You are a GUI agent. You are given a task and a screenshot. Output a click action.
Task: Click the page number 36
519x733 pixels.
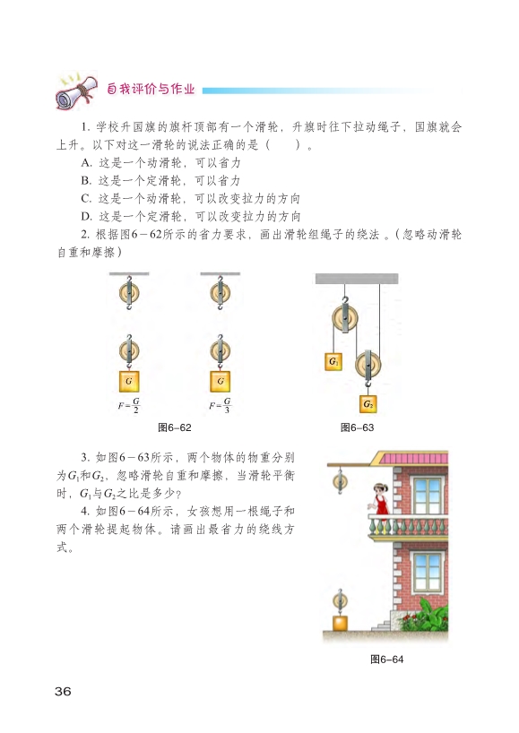coord(63,691)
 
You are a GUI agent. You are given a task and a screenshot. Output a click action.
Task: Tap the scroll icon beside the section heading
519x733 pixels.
coord(77,91)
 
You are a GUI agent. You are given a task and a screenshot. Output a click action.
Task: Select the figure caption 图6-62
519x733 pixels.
coord(175,427)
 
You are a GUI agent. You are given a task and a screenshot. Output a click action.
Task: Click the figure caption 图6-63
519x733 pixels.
coord(357,427)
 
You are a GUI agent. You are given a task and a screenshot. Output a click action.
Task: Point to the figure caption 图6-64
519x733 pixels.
coord(386,660)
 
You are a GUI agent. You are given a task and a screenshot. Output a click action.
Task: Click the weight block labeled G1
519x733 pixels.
coord(333,361)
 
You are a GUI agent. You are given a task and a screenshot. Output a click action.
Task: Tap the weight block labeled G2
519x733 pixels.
coord(368,404)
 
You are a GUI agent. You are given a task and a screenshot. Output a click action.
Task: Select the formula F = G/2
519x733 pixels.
coord(129,405)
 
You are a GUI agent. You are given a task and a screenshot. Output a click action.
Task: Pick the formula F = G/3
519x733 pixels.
coord(221,405)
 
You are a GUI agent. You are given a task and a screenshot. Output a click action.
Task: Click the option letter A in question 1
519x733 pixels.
coord(85,163)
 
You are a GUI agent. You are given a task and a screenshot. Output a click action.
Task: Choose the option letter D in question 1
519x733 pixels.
coord(85,217)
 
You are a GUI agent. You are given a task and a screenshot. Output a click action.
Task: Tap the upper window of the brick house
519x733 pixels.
coord(428,494)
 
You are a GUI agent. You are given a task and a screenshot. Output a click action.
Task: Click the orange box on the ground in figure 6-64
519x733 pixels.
coord(340,624)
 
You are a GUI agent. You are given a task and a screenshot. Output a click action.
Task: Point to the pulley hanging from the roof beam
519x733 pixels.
coord(340,480)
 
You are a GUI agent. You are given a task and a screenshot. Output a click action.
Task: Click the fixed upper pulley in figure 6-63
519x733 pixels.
coord(345,318)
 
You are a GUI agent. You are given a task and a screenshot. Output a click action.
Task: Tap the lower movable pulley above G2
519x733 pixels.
coord(368,365)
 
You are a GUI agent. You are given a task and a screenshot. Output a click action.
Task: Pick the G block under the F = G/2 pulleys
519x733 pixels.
coord(129,381)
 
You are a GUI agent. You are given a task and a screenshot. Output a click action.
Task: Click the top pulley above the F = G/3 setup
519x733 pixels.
coord(221,293)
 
